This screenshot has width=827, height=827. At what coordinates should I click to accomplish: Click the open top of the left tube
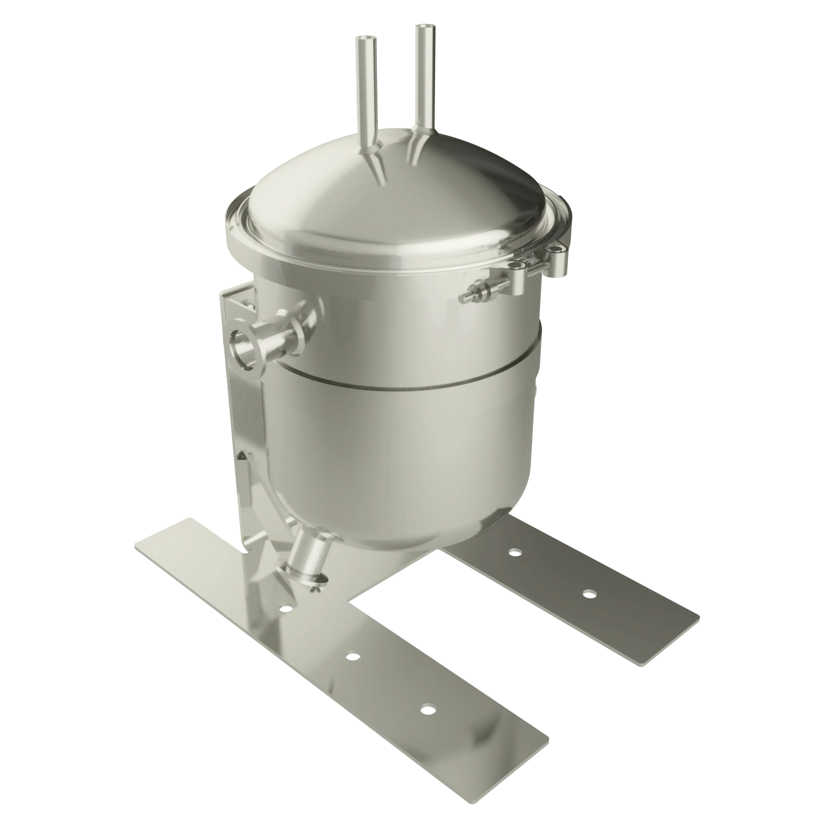click(366, 40)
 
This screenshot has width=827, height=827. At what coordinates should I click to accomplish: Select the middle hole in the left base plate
click(352, 657)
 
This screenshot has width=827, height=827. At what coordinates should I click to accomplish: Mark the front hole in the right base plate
click(589, 593)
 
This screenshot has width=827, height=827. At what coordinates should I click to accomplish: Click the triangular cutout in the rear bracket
click(243, 457)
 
